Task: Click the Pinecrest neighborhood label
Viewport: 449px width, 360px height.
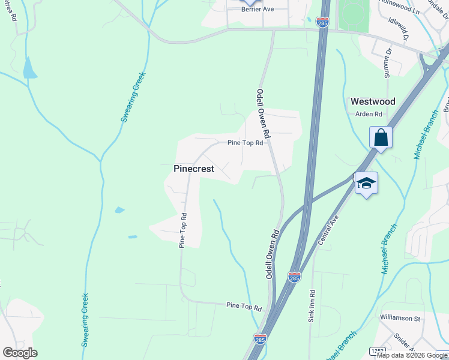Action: click(194, 169)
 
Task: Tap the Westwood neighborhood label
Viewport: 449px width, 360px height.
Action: click(373, 101)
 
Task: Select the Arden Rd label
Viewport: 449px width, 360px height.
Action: click(369, 114)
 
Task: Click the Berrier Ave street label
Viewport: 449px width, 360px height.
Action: click(258, 10)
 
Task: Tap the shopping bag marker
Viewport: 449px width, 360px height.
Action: click(381, 137)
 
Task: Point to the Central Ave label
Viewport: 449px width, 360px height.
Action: click(328, 231)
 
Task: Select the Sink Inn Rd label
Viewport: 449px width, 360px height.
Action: click(312, 307)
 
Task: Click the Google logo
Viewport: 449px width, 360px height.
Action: click(20, 353)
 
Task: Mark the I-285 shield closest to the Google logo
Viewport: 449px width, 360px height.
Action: click(260, 339)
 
